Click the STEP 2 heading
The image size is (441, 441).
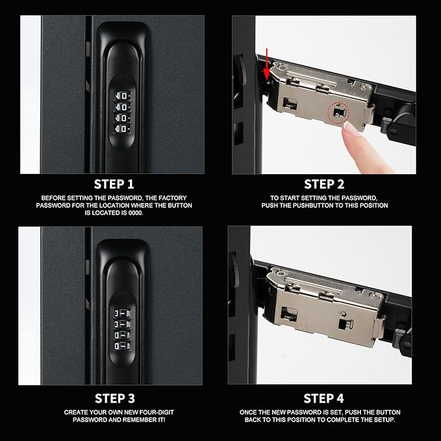tap(323, 184)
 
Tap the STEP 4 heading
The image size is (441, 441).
tap(323, 397)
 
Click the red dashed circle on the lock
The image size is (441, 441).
tap(336, 113)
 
